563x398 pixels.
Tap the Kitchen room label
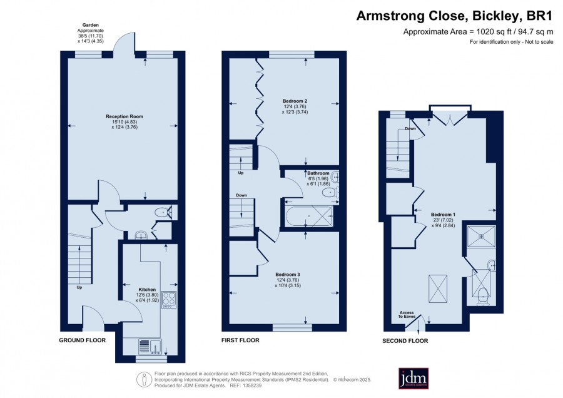[147, 290]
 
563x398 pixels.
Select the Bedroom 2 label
[295, 101]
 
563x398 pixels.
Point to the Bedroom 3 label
[288, 275]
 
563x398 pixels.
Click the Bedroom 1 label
[443, 215]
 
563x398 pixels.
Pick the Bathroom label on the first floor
[318, 173]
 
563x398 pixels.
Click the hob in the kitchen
[169, 299]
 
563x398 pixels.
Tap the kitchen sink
[150, 346]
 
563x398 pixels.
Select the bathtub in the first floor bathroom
[309, 217]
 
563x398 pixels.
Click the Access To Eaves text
[407, 314]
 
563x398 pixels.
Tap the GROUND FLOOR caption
[82, 340]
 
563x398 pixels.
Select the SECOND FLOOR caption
[405, 341]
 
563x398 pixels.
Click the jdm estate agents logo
[413, 378]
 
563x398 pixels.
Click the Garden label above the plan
[91, 25]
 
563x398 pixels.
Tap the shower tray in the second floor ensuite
[481, 236]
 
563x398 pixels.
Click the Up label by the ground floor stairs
[79, 287]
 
